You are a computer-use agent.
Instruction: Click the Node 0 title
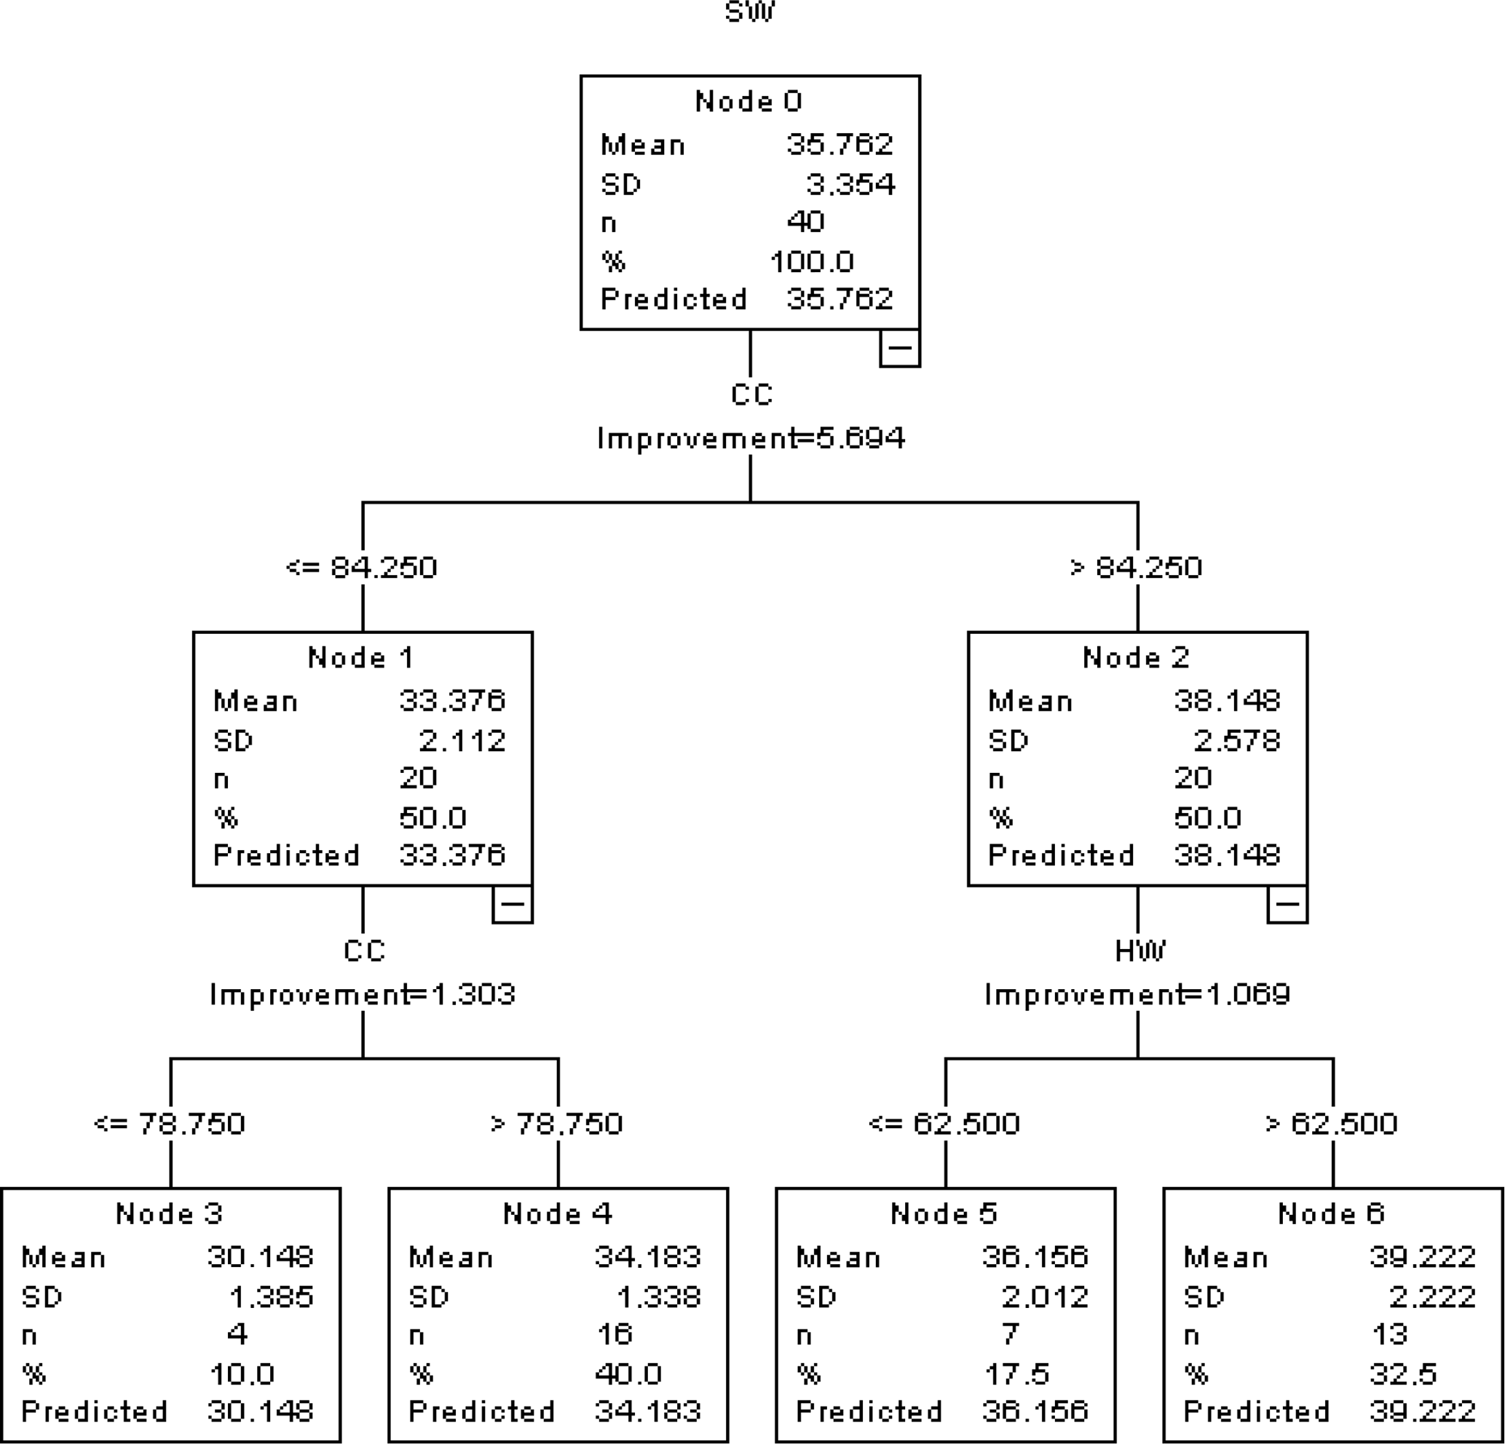[x=748, y=101]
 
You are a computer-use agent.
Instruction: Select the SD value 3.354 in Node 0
[x=850, y=184]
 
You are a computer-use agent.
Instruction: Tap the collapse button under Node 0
[x=899, y=348]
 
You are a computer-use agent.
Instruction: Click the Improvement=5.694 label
[x=751, y=438]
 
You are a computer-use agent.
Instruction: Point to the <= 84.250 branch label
[x=361, y=567]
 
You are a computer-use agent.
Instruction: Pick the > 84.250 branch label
[x=1136, y=567]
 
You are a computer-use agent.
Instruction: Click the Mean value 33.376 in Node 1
[x=452, y=700]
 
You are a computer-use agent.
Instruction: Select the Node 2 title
[x=1136, y=657]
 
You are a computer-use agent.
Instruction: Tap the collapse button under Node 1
[x=512, y=903]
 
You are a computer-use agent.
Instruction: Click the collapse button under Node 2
[x=1287, y=903]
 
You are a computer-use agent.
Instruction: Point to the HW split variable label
[x=1139, y=951]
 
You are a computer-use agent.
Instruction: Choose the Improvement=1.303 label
[x=363, y=994]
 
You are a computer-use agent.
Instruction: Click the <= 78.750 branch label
[x=169, y=1123]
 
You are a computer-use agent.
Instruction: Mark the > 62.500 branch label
[x=1332, y=1123]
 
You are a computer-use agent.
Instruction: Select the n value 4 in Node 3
[x=237, y=1333]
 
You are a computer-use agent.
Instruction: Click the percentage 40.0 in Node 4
[x=628, y=1373]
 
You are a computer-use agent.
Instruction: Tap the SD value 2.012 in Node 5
[x=1044, y=1296]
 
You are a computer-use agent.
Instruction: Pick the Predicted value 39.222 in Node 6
[x=1422, y=1411]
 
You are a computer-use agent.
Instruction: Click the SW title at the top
[x=750, y=12]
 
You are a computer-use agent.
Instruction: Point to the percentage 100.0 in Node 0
[x=812, y=262]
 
